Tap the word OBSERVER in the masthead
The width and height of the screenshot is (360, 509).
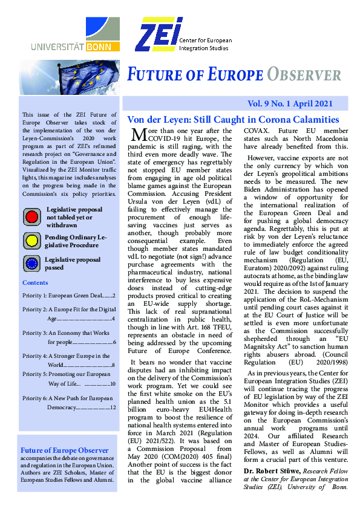click(304, 75)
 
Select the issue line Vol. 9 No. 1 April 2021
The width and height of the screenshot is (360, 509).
click(297, 104)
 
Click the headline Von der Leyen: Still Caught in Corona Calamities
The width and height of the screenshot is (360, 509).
click(232, 119)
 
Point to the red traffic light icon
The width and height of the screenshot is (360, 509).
click(31, 216)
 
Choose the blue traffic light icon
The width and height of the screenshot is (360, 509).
click(31, 264)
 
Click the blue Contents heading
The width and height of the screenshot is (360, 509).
click(35, 283)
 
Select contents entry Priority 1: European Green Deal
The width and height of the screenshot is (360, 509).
click(68, 296)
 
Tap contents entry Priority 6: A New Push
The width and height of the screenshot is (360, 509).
click(68, 398)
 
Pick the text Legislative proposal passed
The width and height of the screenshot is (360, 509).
click(73, 264)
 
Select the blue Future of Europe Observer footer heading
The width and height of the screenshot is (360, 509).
click(65, 450)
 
